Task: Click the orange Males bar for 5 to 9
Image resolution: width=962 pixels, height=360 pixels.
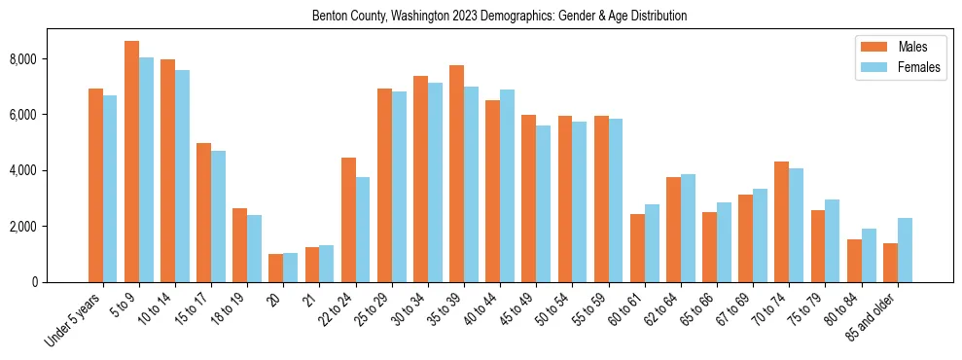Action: pyautogui.click(x=131, y=162)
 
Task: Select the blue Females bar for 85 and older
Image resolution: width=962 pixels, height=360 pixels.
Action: pyautogui.click(x=905, y=250)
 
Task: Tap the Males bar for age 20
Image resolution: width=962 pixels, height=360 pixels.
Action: pyautogui.click(x=275, y=268)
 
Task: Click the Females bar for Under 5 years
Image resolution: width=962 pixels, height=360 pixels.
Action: pyautogui.click(x=110, y=189)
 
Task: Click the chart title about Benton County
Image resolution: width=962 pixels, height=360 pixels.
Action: pyautogui.click(x=499, y=17)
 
